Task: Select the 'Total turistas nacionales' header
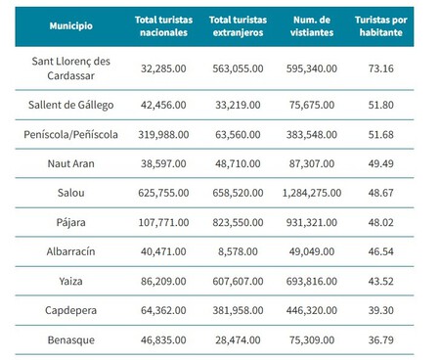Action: tap(162, 26)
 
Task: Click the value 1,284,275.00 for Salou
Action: tap(312, 193)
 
